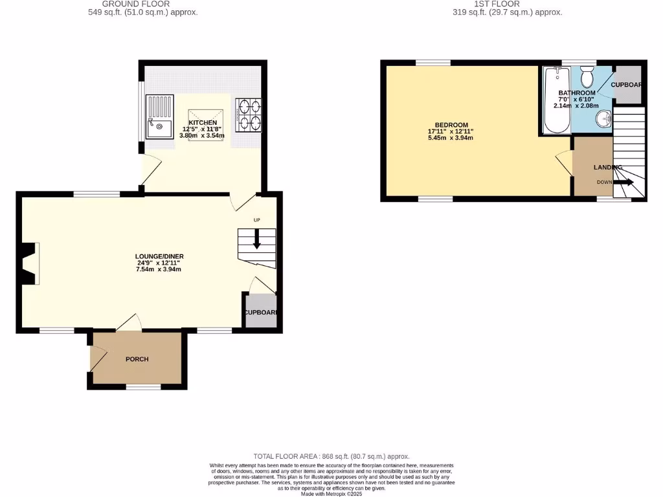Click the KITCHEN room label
[203, 122]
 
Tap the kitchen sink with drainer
[159, 117]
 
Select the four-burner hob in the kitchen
[249, 115]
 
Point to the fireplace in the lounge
[30, 263]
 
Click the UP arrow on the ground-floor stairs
[256, 241]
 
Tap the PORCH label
[137, 359]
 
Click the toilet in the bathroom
[588, 77]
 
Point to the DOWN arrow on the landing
[624, 182]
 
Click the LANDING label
[608, 168]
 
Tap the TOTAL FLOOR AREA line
[331, 456]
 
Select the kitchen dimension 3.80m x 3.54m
[202, 136]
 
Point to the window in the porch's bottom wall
[143, 387]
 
